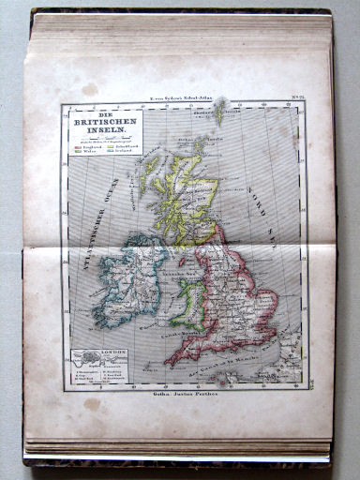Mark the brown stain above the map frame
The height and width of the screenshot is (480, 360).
pos(89,89)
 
